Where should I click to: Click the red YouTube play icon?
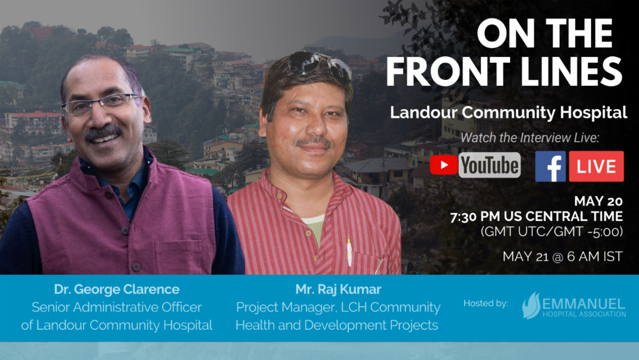[444, 166]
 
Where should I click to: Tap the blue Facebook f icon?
[550, 166]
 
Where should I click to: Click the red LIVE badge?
[596, 166]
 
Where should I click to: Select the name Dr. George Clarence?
[117, 290]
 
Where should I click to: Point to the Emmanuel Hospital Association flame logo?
[531, 306]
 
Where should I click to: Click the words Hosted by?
[486, 304]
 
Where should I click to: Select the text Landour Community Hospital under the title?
[508, 113]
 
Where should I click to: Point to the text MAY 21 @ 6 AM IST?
[562, 256]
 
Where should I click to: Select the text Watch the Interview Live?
[530, 138]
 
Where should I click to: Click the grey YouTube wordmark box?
[489, 166]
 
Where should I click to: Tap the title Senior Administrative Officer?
[117, 307]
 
